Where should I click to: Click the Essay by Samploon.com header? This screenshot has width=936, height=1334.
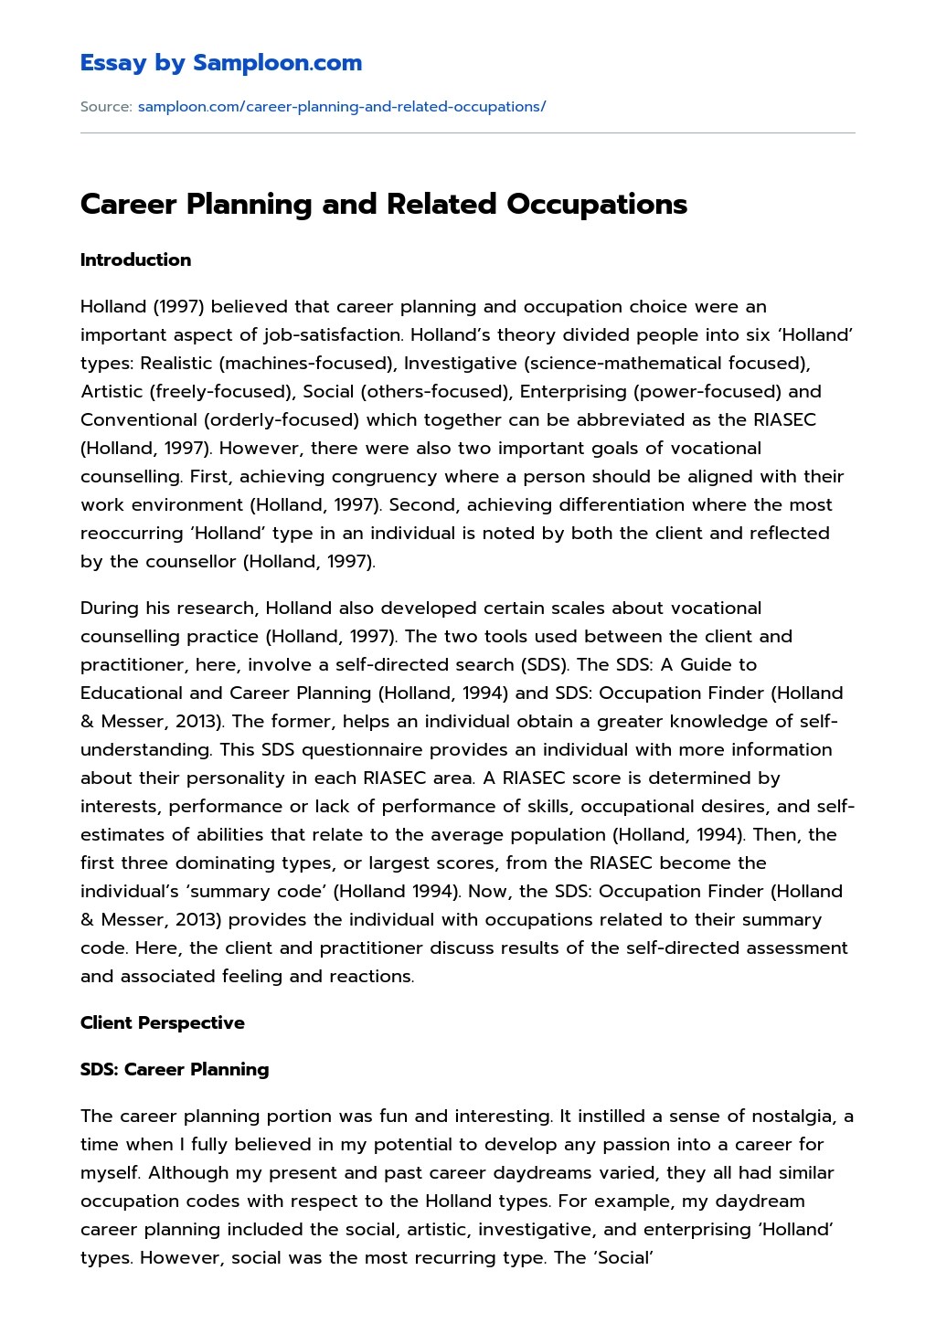220,63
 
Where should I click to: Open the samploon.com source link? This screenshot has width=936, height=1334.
341,107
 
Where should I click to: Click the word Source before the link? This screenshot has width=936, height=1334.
106,107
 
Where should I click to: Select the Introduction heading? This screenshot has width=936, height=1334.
135,259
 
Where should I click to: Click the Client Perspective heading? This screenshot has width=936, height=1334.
162,1022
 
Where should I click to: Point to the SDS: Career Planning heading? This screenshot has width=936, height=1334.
175,1069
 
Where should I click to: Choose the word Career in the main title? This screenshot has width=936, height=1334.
129,204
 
